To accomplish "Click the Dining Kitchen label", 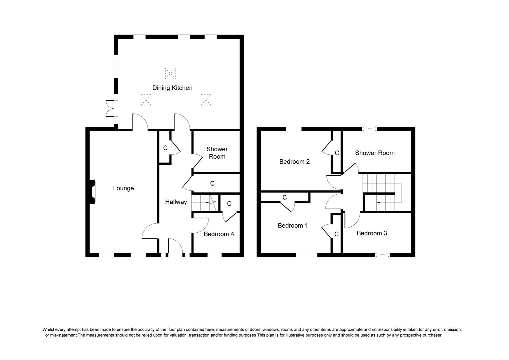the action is pyautogui.click(x=172, y=88).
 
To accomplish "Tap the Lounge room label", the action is pyautogui.click(x=123, y=188).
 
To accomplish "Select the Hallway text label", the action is pyautogui.click(x=176, y=202).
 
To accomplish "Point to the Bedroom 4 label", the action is pyautogui.click(x=219, y=234).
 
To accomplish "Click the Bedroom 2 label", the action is pyautogui.click(x=294, y=162).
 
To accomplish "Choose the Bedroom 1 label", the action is pyautogui.click(x=293, y=226).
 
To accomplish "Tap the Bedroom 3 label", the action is pyautogui.click(x=372, y=233).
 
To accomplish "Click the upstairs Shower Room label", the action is pyautogui.click(x=375, y=153).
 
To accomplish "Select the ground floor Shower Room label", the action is pyautogui.click(x=217, y=153).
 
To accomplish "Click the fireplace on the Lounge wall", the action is pyautogui.click(x=93, y=192).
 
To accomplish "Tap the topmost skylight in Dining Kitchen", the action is pyautogui.click(x=170, y=73).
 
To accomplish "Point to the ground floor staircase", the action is pyautogui.click(x=205, y=203).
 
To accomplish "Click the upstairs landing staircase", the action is pyautogui.click(x=382, y=193).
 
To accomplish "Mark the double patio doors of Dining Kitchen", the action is pyautogui.click(x=110, y=108).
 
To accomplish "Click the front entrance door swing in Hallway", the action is pyautogui.click(x=176, y=246).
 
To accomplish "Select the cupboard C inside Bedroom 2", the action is pyautogui.click(x=337, y=153).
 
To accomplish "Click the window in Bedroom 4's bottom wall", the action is pyautogui.click(x=215, y=255).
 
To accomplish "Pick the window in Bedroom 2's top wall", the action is pyautogui.click(x=293, y=129).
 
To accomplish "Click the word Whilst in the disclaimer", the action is pyautogui.click(x=48, y=330).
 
